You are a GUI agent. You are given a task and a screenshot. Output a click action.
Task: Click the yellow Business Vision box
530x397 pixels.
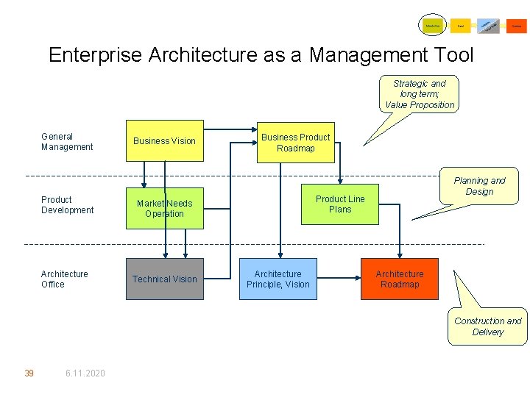click(164, 140)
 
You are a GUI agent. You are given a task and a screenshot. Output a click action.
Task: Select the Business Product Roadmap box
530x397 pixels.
click(295, 143)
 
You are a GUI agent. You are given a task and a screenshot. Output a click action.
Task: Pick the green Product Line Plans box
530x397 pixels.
click(340, 204)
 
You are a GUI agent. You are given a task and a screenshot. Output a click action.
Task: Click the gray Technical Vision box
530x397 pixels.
click(164, 279)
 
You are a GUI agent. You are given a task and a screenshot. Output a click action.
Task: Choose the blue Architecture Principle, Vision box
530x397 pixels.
click(278, 279)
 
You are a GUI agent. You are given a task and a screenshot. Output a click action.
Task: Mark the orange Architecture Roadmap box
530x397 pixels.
click(399, 279)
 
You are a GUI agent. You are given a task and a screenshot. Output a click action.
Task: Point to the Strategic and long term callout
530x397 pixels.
click(420, 94)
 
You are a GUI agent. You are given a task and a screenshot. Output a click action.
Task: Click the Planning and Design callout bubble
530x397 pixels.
click(479, 186)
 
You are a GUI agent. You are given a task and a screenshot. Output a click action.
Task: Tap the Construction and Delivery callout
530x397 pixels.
click(487, 326)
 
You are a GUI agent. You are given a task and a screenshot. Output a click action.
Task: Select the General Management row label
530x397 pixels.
click(67, 142)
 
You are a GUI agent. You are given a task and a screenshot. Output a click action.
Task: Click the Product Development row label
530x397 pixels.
click(67, 205)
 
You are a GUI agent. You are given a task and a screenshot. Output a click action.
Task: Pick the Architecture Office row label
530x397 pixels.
click(64, 279)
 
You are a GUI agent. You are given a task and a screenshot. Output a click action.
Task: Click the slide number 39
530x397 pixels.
click(29, 373)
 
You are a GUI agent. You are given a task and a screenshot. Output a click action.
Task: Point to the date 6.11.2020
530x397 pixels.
click(85, 373)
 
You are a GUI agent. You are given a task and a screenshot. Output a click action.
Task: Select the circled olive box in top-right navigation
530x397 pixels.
click(432, 26)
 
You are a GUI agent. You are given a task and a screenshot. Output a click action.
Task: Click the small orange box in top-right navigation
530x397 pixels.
click(517, 26)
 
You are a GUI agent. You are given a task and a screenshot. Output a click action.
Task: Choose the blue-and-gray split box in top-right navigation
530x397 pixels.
click(488, 26)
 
